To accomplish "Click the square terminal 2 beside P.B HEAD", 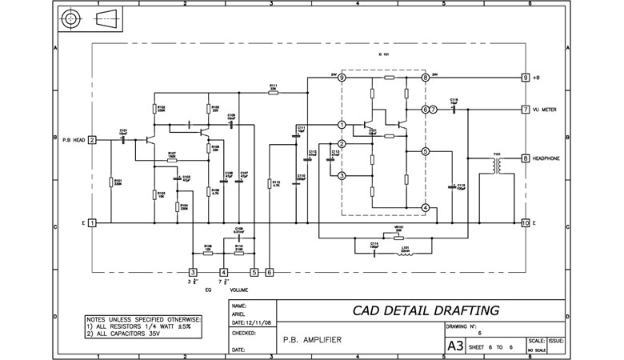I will pyautogui.click(x=92, y=140).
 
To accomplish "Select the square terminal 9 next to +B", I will pyautogui.click(x=525, y=78).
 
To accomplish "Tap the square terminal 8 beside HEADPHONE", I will pyautogui.click(x=525, y=158).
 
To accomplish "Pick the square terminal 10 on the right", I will pyautogui.click(x=525, y=222).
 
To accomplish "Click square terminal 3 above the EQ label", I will pyautogui.click(x=192, y=272).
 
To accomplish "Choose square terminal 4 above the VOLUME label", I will pyautogui.click(x=223, y=272).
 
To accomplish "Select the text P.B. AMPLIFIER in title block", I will pyautogui.click(x=313, y=340).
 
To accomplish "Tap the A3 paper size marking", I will pyautogui.click(x=454, y=346).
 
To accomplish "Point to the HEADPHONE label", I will pyautogui.click(x=551, y=158).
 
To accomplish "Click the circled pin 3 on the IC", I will pyautogui.click(x=342, y=175).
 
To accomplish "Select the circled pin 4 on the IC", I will pyautogui.click(x=425, y=208).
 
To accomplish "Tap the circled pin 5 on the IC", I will pyautogui.click(x=425, y=150).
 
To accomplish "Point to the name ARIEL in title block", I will pyautogui.click(x=240, y=314).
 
